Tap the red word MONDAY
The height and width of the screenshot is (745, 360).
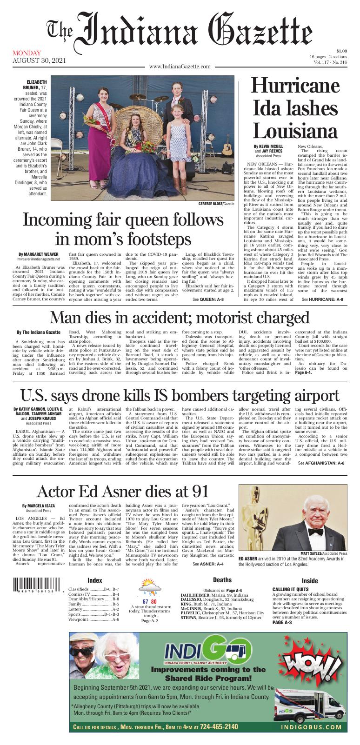coord(27,53)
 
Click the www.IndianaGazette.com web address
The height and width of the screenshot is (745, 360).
coord(180,68)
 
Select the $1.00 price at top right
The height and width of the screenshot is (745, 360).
coord(341,51)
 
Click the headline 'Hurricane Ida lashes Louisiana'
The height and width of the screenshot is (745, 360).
coord(293,107)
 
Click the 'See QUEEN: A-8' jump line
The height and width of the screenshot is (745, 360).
coord(208,300)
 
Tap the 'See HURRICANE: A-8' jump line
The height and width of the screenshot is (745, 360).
coord(322,300)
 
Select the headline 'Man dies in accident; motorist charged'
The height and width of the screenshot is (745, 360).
coord(180,317)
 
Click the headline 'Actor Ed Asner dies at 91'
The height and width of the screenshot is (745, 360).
coord(122,491)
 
